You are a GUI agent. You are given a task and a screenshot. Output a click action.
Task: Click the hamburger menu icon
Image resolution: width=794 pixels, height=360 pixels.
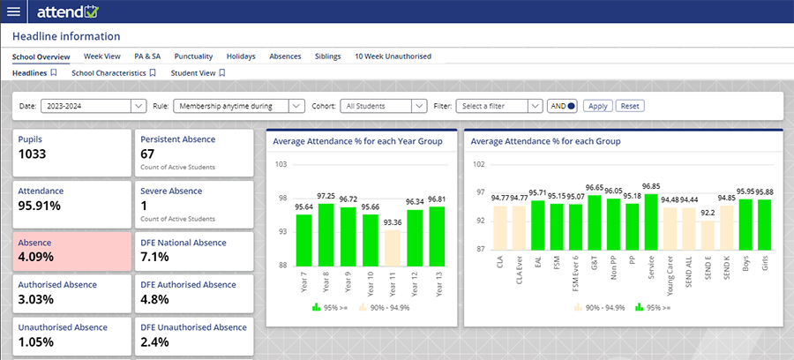[x=13, y=11]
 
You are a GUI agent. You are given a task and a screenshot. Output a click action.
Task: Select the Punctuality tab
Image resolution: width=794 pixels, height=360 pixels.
[x=193, y=56]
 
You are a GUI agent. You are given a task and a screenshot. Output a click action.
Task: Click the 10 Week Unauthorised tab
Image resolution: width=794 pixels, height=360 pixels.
[x=393, y=56]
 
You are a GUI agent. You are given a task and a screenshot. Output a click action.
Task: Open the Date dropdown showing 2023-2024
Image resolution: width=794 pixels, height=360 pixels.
[x=94, y=106]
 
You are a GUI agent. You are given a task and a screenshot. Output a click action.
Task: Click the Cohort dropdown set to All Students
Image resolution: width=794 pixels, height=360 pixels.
[x=382, y=106]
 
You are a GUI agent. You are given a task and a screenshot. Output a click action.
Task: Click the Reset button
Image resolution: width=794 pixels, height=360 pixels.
[x=630, y=106]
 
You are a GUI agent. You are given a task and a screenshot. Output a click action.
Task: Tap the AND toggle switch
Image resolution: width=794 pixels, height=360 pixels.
[x=562, y=106]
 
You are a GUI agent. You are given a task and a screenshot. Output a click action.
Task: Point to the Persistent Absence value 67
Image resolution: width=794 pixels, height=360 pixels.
[x=149, y=154]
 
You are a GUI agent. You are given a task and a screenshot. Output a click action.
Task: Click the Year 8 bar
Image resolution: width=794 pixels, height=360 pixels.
[x=326, y=234]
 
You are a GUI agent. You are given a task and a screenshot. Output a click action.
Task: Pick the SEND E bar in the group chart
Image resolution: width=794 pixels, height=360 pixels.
[x=707, y=236]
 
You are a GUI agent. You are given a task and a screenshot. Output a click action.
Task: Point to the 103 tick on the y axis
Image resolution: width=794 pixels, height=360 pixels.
[x=282, y=165]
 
